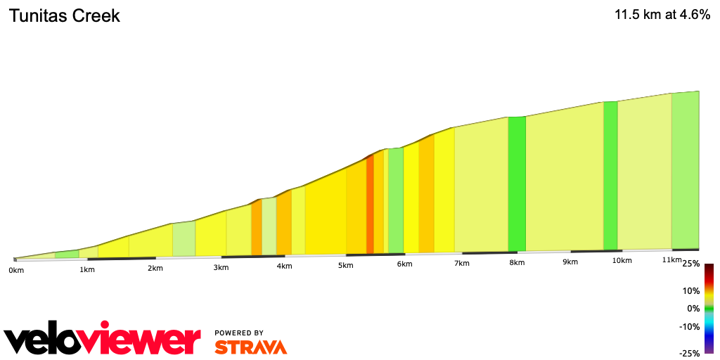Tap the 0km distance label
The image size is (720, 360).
(x=15, y=270)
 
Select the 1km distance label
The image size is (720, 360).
(x=87, y=269)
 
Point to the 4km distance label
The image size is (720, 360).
(x=284, y=266)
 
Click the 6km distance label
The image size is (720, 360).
(x=404, y=264)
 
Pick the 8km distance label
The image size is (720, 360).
(x=517, y=263)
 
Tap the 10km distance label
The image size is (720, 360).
(x=622, y=261)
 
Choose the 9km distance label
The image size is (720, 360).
(x=570, y=262)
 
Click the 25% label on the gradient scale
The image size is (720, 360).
(x=690, y=264)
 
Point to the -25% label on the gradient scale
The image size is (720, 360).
(x=689, y=354)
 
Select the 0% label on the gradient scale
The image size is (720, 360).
(x=693, y=309)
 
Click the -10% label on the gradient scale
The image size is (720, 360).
(x=690, y=326)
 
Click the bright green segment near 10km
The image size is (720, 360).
(x=610, y=176)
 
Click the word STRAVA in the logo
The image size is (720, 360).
(x=250, y=347)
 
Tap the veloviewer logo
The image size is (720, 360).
(x=102, y=340)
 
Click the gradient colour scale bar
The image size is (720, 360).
(x=709, y=309)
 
